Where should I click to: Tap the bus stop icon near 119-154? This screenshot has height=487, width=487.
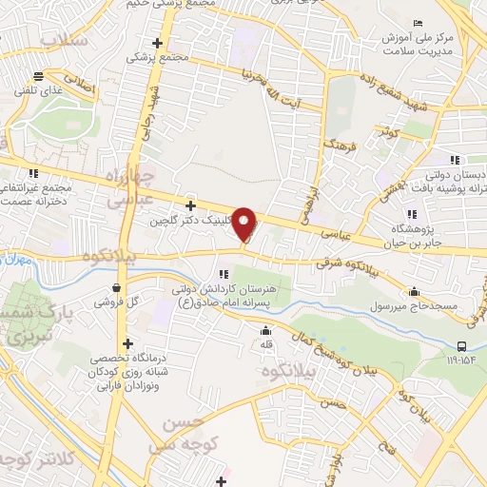(x=461, y=346)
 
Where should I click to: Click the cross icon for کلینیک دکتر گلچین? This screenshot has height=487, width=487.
(x=191, y=205)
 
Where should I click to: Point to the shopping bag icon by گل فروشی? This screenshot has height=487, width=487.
(x=116, y=287)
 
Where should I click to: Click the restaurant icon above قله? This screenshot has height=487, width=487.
(x=266, y=330)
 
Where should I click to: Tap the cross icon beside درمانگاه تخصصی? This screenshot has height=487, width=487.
(x=127, y=343)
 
